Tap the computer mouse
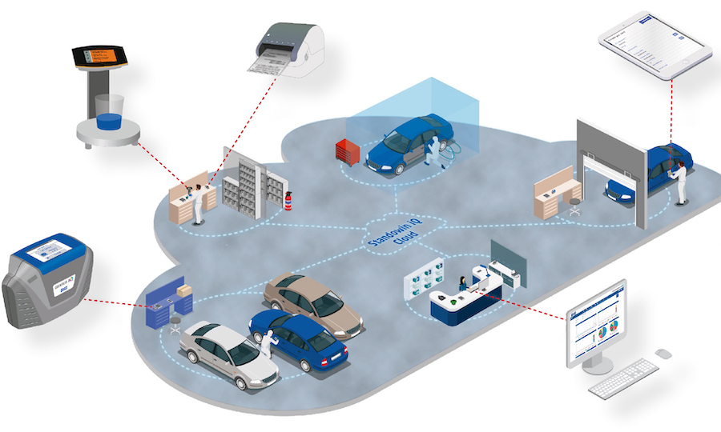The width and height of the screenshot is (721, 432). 663,354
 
